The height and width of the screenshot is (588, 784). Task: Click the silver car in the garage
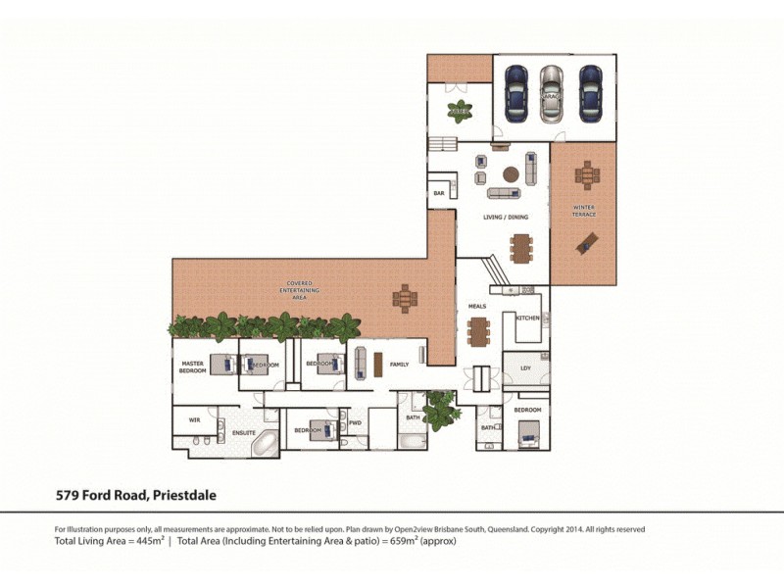point(553,93)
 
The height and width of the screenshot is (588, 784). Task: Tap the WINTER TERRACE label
point(585,212)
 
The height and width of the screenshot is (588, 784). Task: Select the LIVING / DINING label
point(506,217)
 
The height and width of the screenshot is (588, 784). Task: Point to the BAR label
point(439,194)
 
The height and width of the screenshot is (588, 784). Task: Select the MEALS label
point(477,306)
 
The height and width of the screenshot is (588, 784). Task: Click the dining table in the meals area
point(478,333)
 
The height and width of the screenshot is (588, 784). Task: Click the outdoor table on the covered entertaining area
point(404,297)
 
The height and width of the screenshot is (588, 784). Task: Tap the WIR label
point(192,419)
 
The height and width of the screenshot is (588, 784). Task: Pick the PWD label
point(355,423)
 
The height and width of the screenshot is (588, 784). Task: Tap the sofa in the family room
point(360,362)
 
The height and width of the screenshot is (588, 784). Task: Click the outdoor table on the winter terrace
point(586,176)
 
